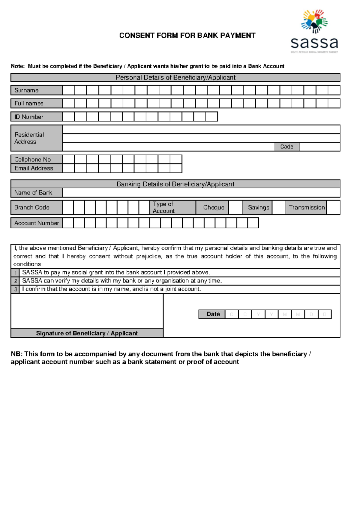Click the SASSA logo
(314, 32)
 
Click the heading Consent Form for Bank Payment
(187, 35)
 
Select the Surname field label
(37, 90)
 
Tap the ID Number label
(37, 117)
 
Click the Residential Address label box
(37, 138)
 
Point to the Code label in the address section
(287, 146)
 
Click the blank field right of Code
(319, 146)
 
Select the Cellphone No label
(37, 159)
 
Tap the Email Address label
(37, 168)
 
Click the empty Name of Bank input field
(201, 193)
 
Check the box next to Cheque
(235, 207)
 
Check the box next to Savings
(279, 207)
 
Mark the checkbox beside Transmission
(333, 207)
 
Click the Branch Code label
(37, 207)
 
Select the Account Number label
(37, 223)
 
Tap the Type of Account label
(172, 207)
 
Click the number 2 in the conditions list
(16, 281)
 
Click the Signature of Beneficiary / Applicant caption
(87, 333)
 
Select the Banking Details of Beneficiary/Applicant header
(175, 184)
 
